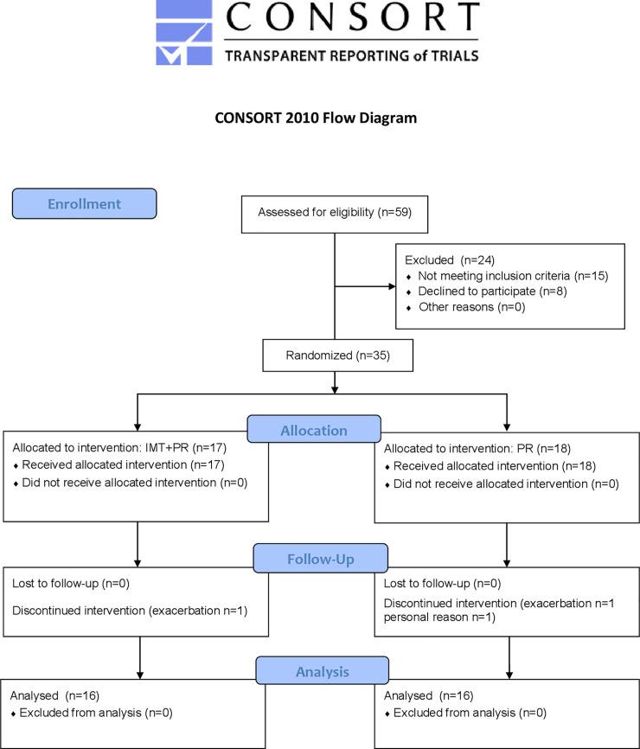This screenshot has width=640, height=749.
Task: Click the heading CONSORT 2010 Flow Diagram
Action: (316, 118)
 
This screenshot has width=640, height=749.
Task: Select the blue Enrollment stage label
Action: (84, 204)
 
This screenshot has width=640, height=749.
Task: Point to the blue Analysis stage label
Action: (321, 669)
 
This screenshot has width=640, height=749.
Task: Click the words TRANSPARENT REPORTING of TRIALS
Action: (350, 55)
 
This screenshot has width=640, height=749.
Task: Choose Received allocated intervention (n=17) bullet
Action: (119, 466)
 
